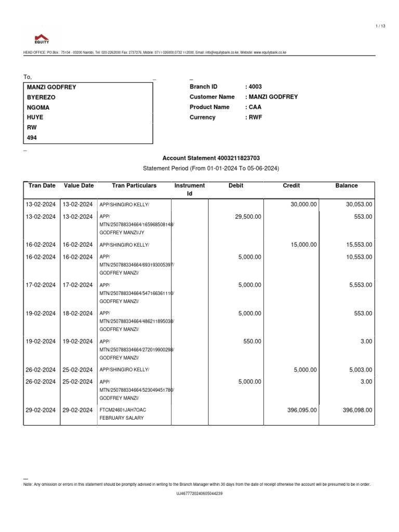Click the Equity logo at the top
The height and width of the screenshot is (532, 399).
[42, 38]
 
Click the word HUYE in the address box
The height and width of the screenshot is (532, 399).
[36, 117]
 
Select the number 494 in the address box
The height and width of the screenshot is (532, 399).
[32, 138]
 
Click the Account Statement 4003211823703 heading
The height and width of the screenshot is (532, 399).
[211, 158]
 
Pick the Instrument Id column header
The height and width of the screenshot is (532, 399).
[190, 190]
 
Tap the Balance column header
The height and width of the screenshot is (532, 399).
[347, 185]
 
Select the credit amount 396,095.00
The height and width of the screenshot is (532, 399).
[302, 410]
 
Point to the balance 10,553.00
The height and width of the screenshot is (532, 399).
[359, 257]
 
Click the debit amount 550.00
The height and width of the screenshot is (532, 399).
[252, 342]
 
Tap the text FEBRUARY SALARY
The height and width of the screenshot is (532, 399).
[119, 418]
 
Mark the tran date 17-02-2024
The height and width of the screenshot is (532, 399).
[41, 285]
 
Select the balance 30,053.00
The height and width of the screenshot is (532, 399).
[359, 205]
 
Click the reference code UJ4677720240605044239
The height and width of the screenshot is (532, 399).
[199, 494]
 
